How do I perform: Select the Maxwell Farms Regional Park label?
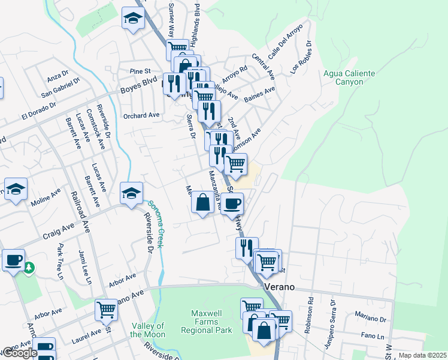pos(211,322)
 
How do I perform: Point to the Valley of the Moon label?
pos(147,330)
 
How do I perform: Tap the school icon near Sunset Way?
pos(133,19)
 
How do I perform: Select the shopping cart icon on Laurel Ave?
pos(106,310)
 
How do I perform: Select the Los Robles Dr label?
pos(302,58)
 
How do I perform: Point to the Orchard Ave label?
pos(141,115)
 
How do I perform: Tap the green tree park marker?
pos(28,268)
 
